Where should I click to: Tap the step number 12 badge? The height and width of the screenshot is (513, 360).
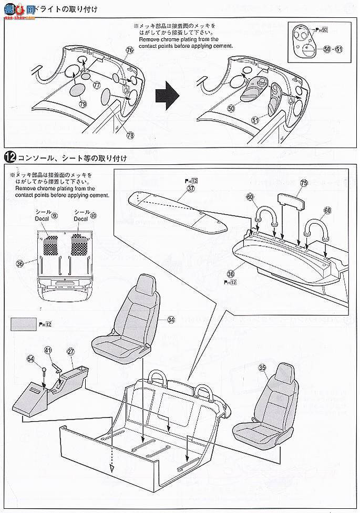[x=10, y=157]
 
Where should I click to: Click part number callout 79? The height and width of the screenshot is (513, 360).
[x=83, y=104]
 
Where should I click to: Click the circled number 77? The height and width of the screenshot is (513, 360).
[x=96, y=85]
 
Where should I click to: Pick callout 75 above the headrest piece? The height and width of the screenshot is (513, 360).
[x=303, y=183]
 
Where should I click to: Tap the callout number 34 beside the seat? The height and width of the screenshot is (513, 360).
[x=171, y=319]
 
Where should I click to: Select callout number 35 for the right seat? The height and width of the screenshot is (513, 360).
[x=262, y=368]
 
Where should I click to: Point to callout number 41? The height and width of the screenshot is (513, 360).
[x=48, y=350]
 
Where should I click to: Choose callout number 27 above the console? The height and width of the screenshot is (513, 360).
[x=70, y=351]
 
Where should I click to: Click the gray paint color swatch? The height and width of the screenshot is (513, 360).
[x=22, y=323]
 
